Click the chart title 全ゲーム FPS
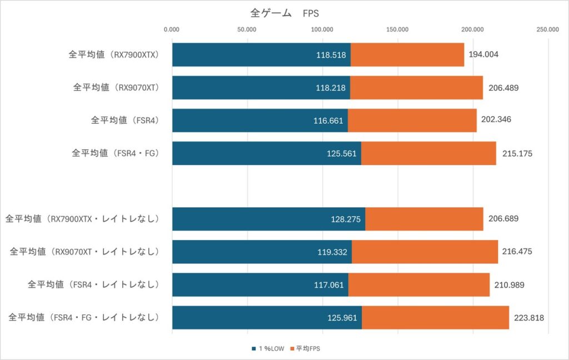[284, 13]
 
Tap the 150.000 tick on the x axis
[398, 29]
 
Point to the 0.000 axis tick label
[172, 29]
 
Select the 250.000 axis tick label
[548, 29]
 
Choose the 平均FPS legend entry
[311, 348]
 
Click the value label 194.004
[483, 54]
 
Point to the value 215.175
[517, 153]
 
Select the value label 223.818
[529, 318]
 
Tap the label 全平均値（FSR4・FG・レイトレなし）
[84, 318]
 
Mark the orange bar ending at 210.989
[418, 285]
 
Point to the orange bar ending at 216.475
[425, 252]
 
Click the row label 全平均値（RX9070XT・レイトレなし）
[84, 252]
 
